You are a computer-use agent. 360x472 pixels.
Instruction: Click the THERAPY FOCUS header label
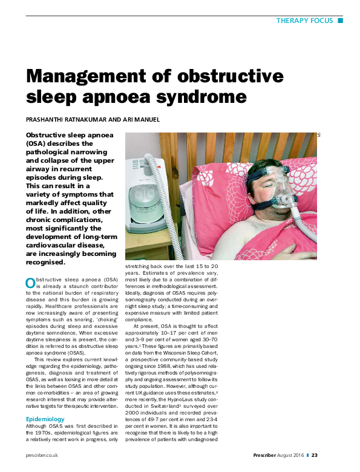304,21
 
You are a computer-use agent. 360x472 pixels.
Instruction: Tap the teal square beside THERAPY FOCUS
340,21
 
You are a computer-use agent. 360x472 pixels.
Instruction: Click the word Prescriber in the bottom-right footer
267,455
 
